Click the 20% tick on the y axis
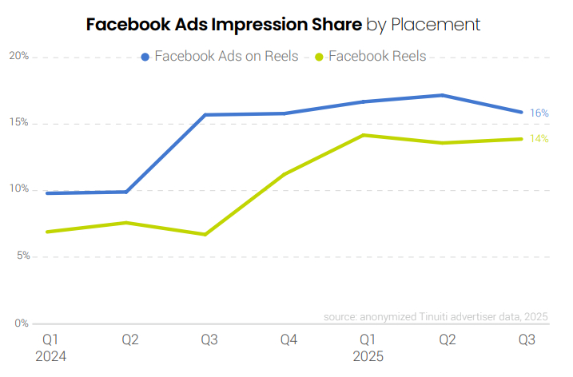[x=19, y=56]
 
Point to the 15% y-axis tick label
[x=19, y=123]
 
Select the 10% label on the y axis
[x=19, y=189]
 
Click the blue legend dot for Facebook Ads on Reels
[x=145, y=57]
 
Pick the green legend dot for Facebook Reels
[x=320, y=57]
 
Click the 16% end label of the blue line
[x=539, y=113]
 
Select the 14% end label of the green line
[x=539, y=139]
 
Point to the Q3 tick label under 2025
[x=527, y=340]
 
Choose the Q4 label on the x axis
[x=288, y=340]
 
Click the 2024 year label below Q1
[x=50, y=356]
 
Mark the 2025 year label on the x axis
[x=368, y=356]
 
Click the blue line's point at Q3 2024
[x=206, y=115]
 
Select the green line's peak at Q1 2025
[x=364, y=135]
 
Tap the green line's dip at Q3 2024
[x=206, y=235]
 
